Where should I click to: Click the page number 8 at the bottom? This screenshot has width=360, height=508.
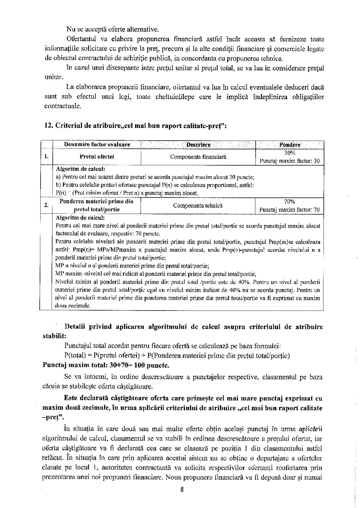182,490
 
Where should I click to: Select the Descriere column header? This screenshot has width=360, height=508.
198,144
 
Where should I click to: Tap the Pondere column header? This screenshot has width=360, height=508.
290,145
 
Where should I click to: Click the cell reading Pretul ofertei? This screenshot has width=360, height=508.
97,157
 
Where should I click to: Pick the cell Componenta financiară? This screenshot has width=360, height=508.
198,157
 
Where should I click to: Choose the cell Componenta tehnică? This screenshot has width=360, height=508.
198,205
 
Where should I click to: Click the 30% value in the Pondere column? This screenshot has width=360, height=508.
290,153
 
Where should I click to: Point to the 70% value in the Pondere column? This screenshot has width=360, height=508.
290,202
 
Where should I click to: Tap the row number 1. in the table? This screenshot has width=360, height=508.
46,157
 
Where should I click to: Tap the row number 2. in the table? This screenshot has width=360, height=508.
46,205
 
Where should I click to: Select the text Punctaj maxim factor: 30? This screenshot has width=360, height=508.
290,161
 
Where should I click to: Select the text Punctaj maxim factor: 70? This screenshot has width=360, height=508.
290,209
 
